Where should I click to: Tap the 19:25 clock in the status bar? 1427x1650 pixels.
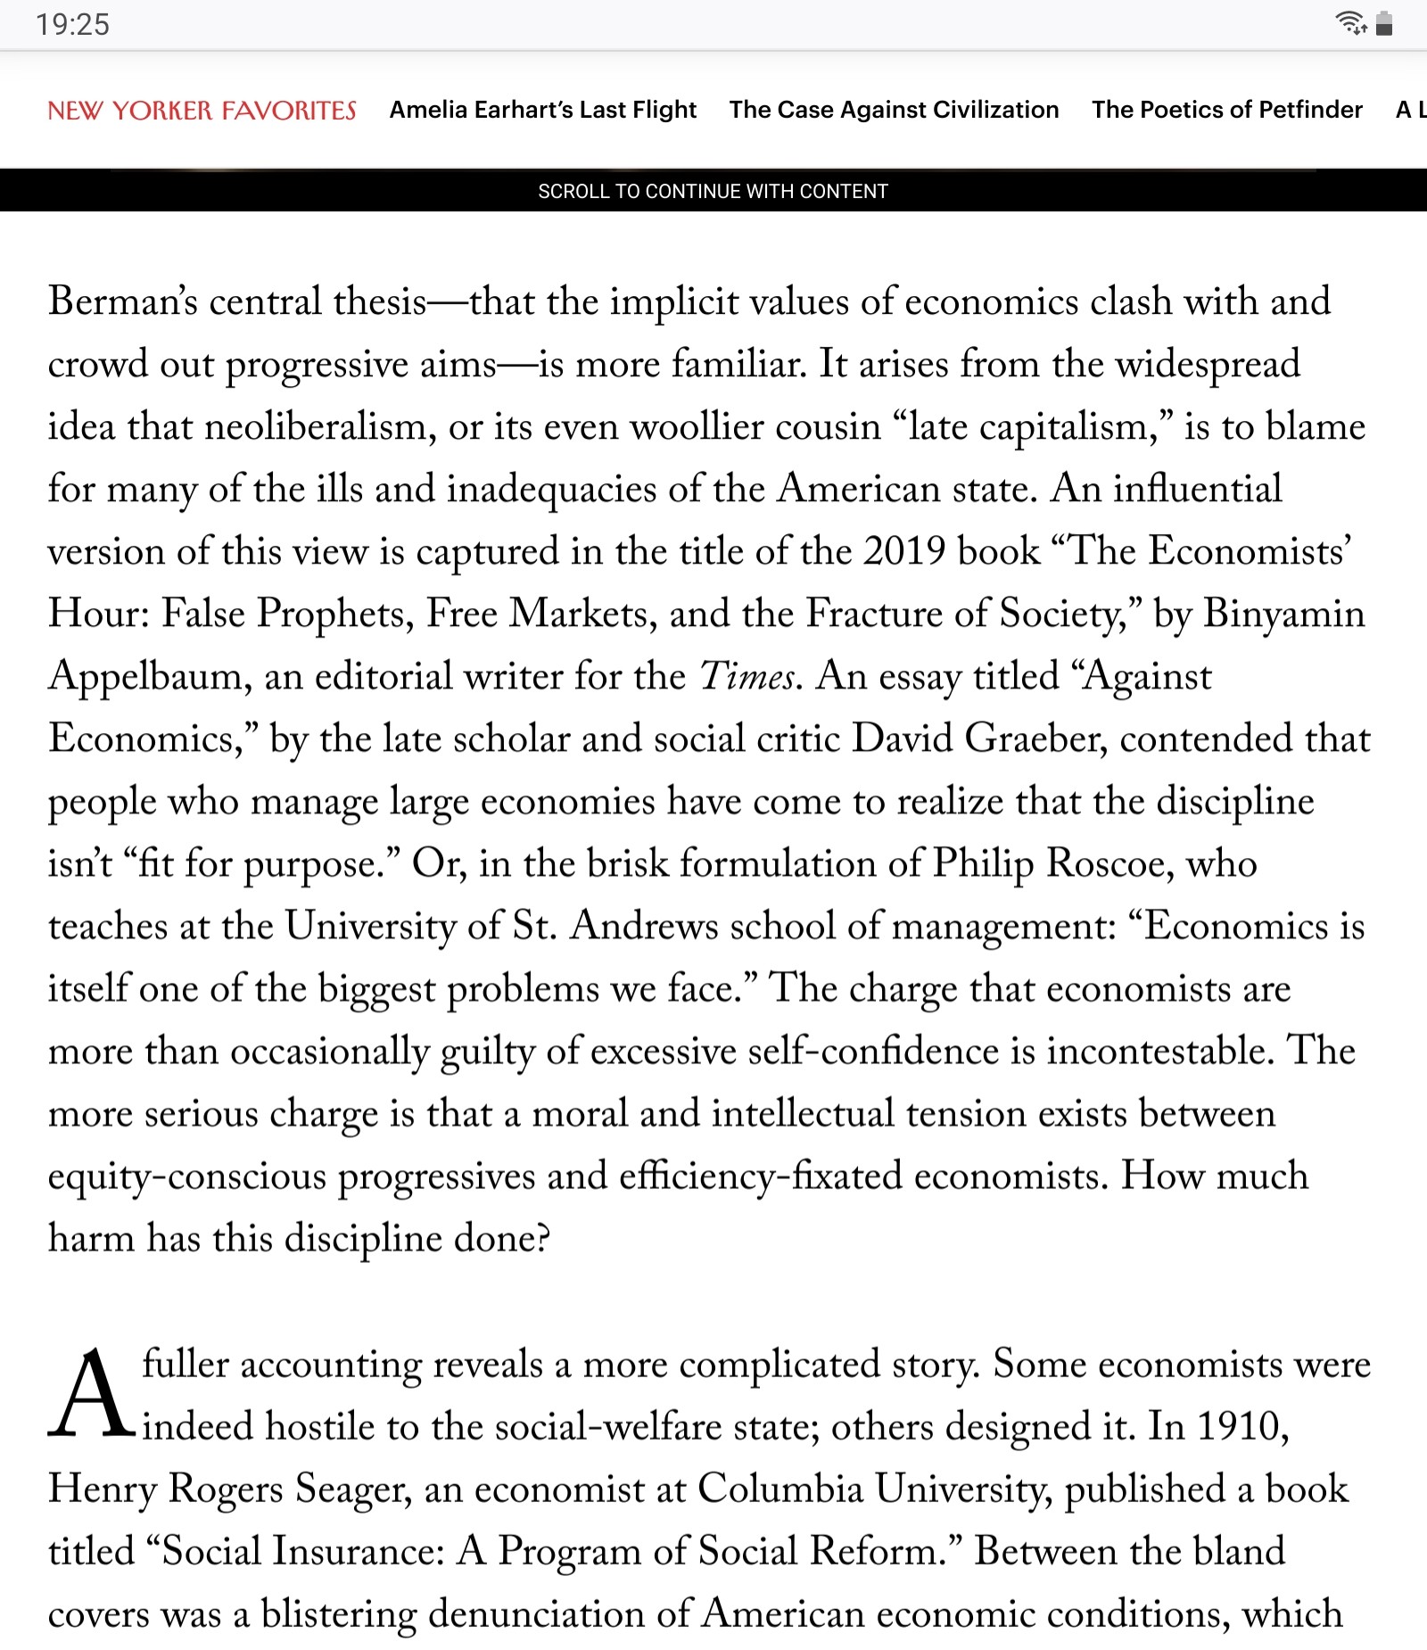tap(72, 24)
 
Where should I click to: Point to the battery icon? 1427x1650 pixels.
tap(1384, 23)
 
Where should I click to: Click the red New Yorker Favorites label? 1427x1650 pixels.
tap(202, 110)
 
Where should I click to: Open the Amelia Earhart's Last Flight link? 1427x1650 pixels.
tap(542, 110)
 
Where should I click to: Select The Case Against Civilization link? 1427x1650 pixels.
tap(894, 110)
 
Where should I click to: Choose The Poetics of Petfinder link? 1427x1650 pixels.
tap(1226, 110)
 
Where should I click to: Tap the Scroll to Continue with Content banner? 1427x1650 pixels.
tap(713, 191)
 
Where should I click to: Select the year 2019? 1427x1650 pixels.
tap(904, 551)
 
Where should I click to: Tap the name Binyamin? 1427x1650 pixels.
tap(1284, 614)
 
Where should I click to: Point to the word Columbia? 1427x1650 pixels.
tap(780, 1489)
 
